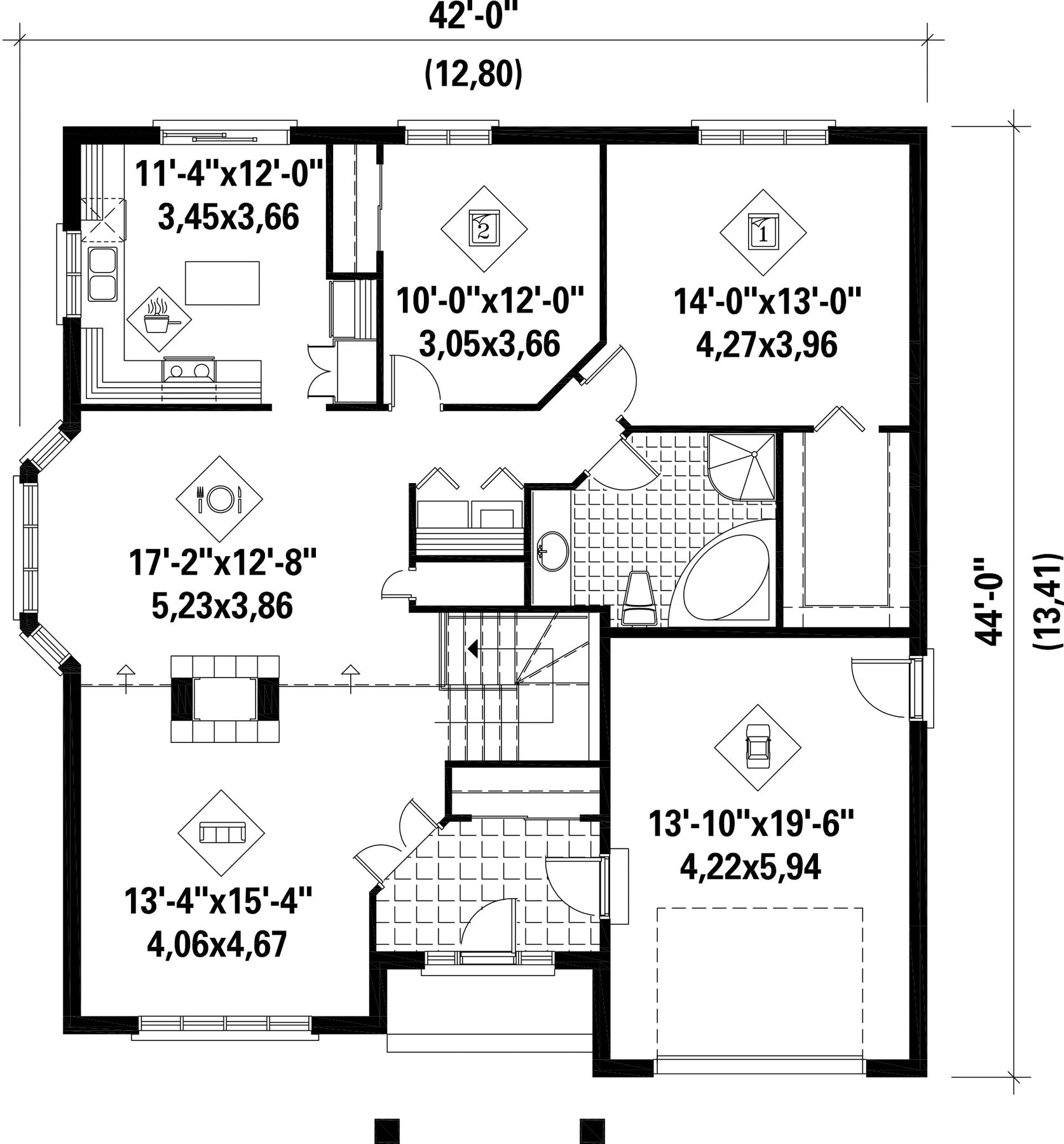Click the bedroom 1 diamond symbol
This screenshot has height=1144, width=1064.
coord(763,233)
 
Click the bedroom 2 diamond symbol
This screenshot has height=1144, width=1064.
coord(484,229)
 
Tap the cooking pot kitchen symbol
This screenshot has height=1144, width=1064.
coord(159,319)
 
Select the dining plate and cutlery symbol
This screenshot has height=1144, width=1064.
coord(219,499)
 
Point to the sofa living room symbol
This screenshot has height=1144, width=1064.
coord(221,833)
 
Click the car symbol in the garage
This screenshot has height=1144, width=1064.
coord(758,747)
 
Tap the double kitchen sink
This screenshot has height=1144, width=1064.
coord(102,275)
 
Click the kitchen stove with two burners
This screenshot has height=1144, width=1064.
coord(189,369)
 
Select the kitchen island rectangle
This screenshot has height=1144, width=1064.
coord(222,283)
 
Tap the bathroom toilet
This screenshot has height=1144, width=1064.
coord(638,598)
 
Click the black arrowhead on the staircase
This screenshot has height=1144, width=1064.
coord(473,648)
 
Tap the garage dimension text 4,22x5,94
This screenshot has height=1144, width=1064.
coord(750,866)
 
